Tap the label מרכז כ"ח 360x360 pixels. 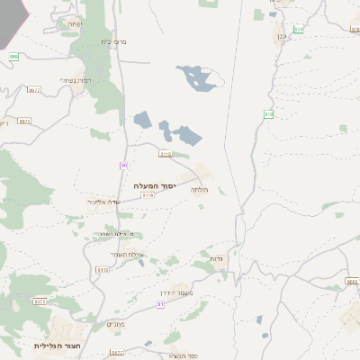click(x=105, y=42)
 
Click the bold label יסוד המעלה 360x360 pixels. click(x=151, y=185)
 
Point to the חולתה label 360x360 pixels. click(x=200, y=190)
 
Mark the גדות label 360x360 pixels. click(x=216, y=259)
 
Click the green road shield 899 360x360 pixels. click(x=13, y=57)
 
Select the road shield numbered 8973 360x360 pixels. click(x=24, y=121)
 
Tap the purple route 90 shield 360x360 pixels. click(x=123, y=166)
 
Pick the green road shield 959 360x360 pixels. click(x=299, y=29)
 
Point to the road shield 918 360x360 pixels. click(x=268, y=113)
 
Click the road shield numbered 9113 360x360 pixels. click(x=165, y=154)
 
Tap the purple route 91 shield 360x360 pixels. click(x=160, y=304)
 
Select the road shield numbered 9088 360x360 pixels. click(x=352, y=282)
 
